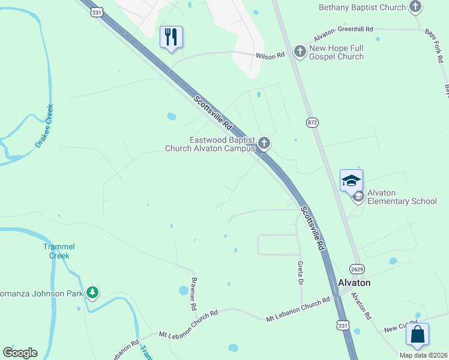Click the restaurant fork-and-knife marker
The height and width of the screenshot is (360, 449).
coord(171,37)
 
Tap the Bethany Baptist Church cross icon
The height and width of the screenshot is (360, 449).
coord(415,7)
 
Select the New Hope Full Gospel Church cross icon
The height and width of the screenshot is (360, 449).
coord(300,52)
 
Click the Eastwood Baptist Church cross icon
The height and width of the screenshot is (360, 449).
coord(264,143)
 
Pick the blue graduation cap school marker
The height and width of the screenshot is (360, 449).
coord(351,180)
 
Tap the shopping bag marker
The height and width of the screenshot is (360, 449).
coord(417,334)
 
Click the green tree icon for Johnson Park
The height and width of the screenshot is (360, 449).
coord(92,292)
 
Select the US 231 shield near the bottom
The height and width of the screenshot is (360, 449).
coord(342,325)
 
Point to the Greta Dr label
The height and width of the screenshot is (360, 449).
coord(300,273)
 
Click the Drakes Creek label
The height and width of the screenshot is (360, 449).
coord(44,126)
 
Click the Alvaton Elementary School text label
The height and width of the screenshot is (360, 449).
coord(402,197)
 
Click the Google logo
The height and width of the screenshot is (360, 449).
coord(20,353)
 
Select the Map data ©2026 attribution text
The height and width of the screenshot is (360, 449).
coord(423,355)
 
